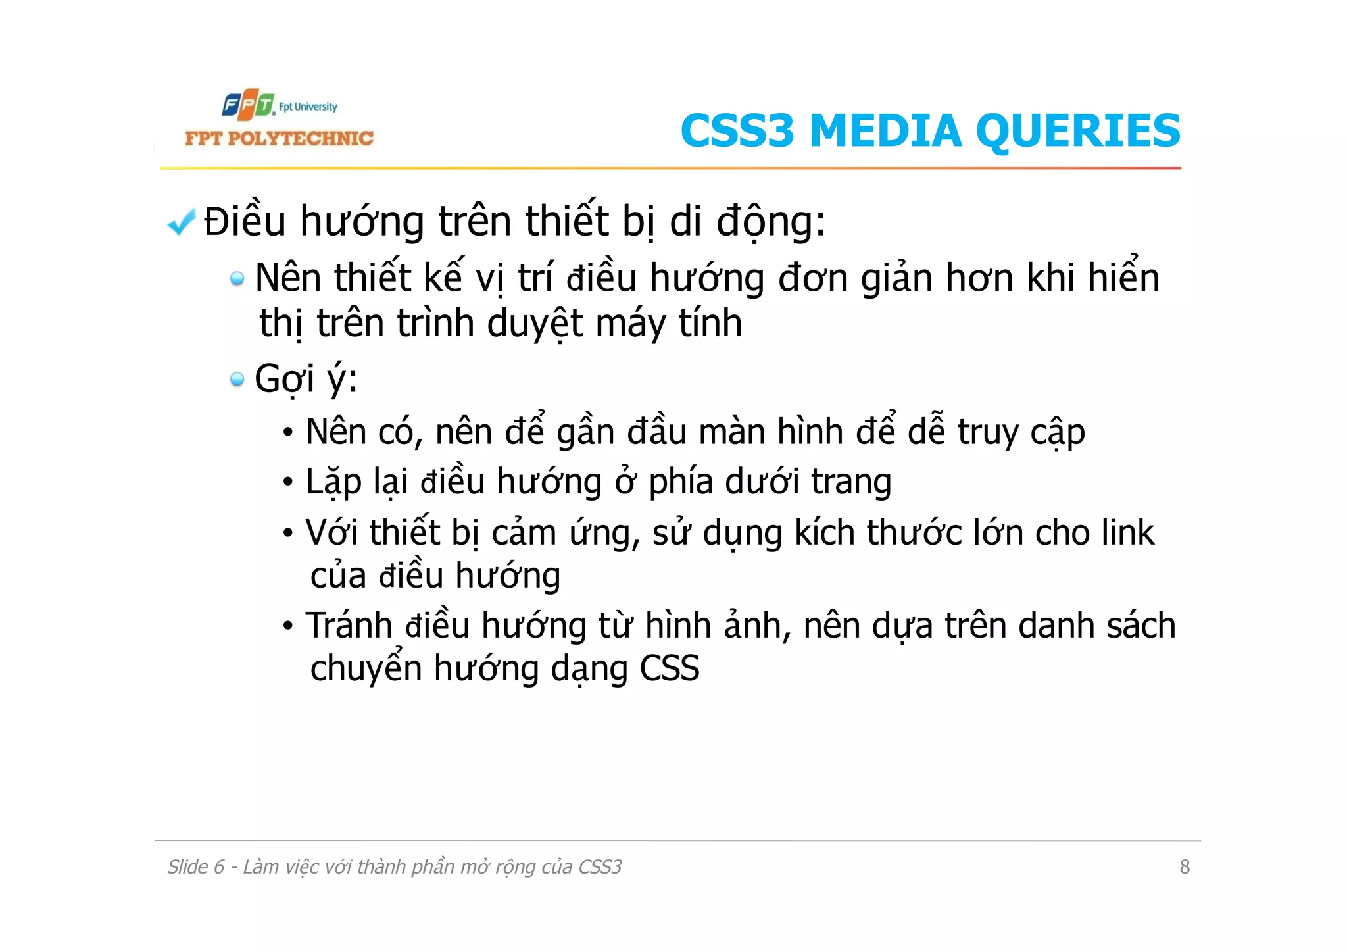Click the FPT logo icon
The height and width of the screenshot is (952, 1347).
coord(248,105)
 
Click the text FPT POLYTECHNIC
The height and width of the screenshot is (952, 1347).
coord(279,138)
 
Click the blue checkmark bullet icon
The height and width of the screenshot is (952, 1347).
coord(181,222)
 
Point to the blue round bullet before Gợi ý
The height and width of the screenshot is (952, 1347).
coord(237,379)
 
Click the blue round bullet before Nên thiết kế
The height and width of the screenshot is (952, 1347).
coord(237,279)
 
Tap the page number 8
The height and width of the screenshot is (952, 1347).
coord(1185,867)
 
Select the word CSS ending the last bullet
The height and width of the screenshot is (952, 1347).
coord(669,668)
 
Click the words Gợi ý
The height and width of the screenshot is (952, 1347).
coord(306,379)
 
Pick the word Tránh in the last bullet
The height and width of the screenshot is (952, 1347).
coord(349,625)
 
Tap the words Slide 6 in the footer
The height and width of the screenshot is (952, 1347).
coord(195,867)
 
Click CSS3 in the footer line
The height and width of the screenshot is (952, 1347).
coord(600,867)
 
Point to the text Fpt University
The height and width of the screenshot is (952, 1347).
coord(308,107)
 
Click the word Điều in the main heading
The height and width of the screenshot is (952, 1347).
coord(244,221)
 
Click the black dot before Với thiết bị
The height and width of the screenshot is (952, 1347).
coord(288,533)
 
